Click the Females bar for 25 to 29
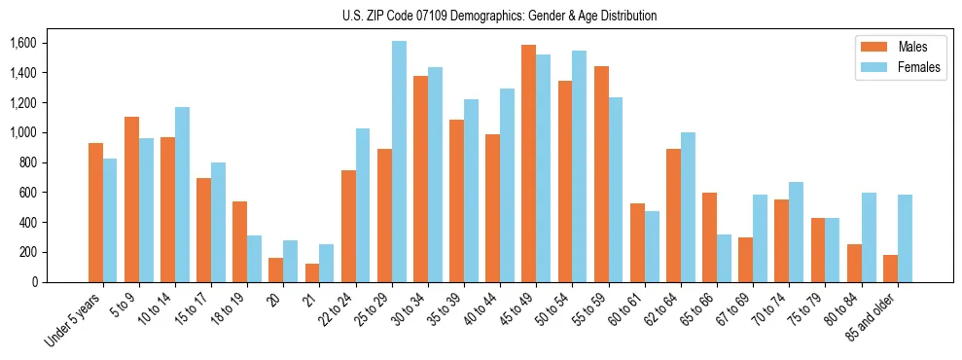[399, 162]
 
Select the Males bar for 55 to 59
[601, 174]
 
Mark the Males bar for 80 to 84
[854, 263]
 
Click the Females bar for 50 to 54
[579, 166]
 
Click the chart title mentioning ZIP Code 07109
[499, 16]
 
